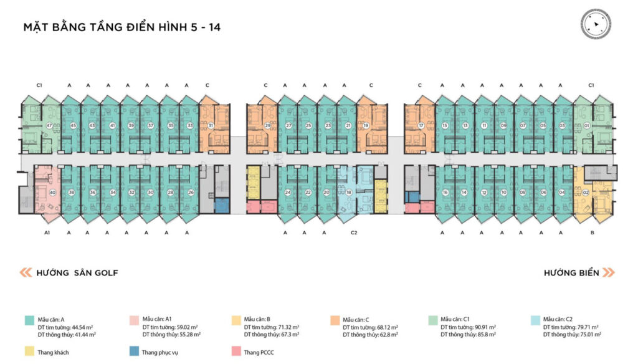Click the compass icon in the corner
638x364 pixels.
[595, 24]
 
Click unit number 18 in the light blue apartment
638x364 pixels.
[349, 192]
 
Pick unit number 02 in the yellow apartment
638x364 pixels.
[586, 192]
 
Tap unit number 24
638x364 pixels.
[288, 192]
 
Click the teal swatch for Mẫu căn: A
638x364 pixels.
[29, 320]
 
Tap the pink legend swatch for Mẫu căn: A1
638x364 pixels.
[133, 320]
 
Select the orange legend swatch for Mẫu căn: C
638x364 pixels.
[334, 320]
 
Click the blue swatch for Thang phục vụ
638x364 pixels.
[133, 352]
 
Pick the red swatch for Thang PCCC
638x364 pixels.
[235, 352]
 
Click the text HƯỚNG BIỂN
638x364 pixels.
[571, 272]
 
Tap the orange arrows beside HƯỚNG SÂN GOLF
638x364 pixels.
[26, 272]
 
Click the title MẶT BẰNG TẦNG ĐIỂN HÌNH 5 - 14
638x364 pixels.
[122, 28]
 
